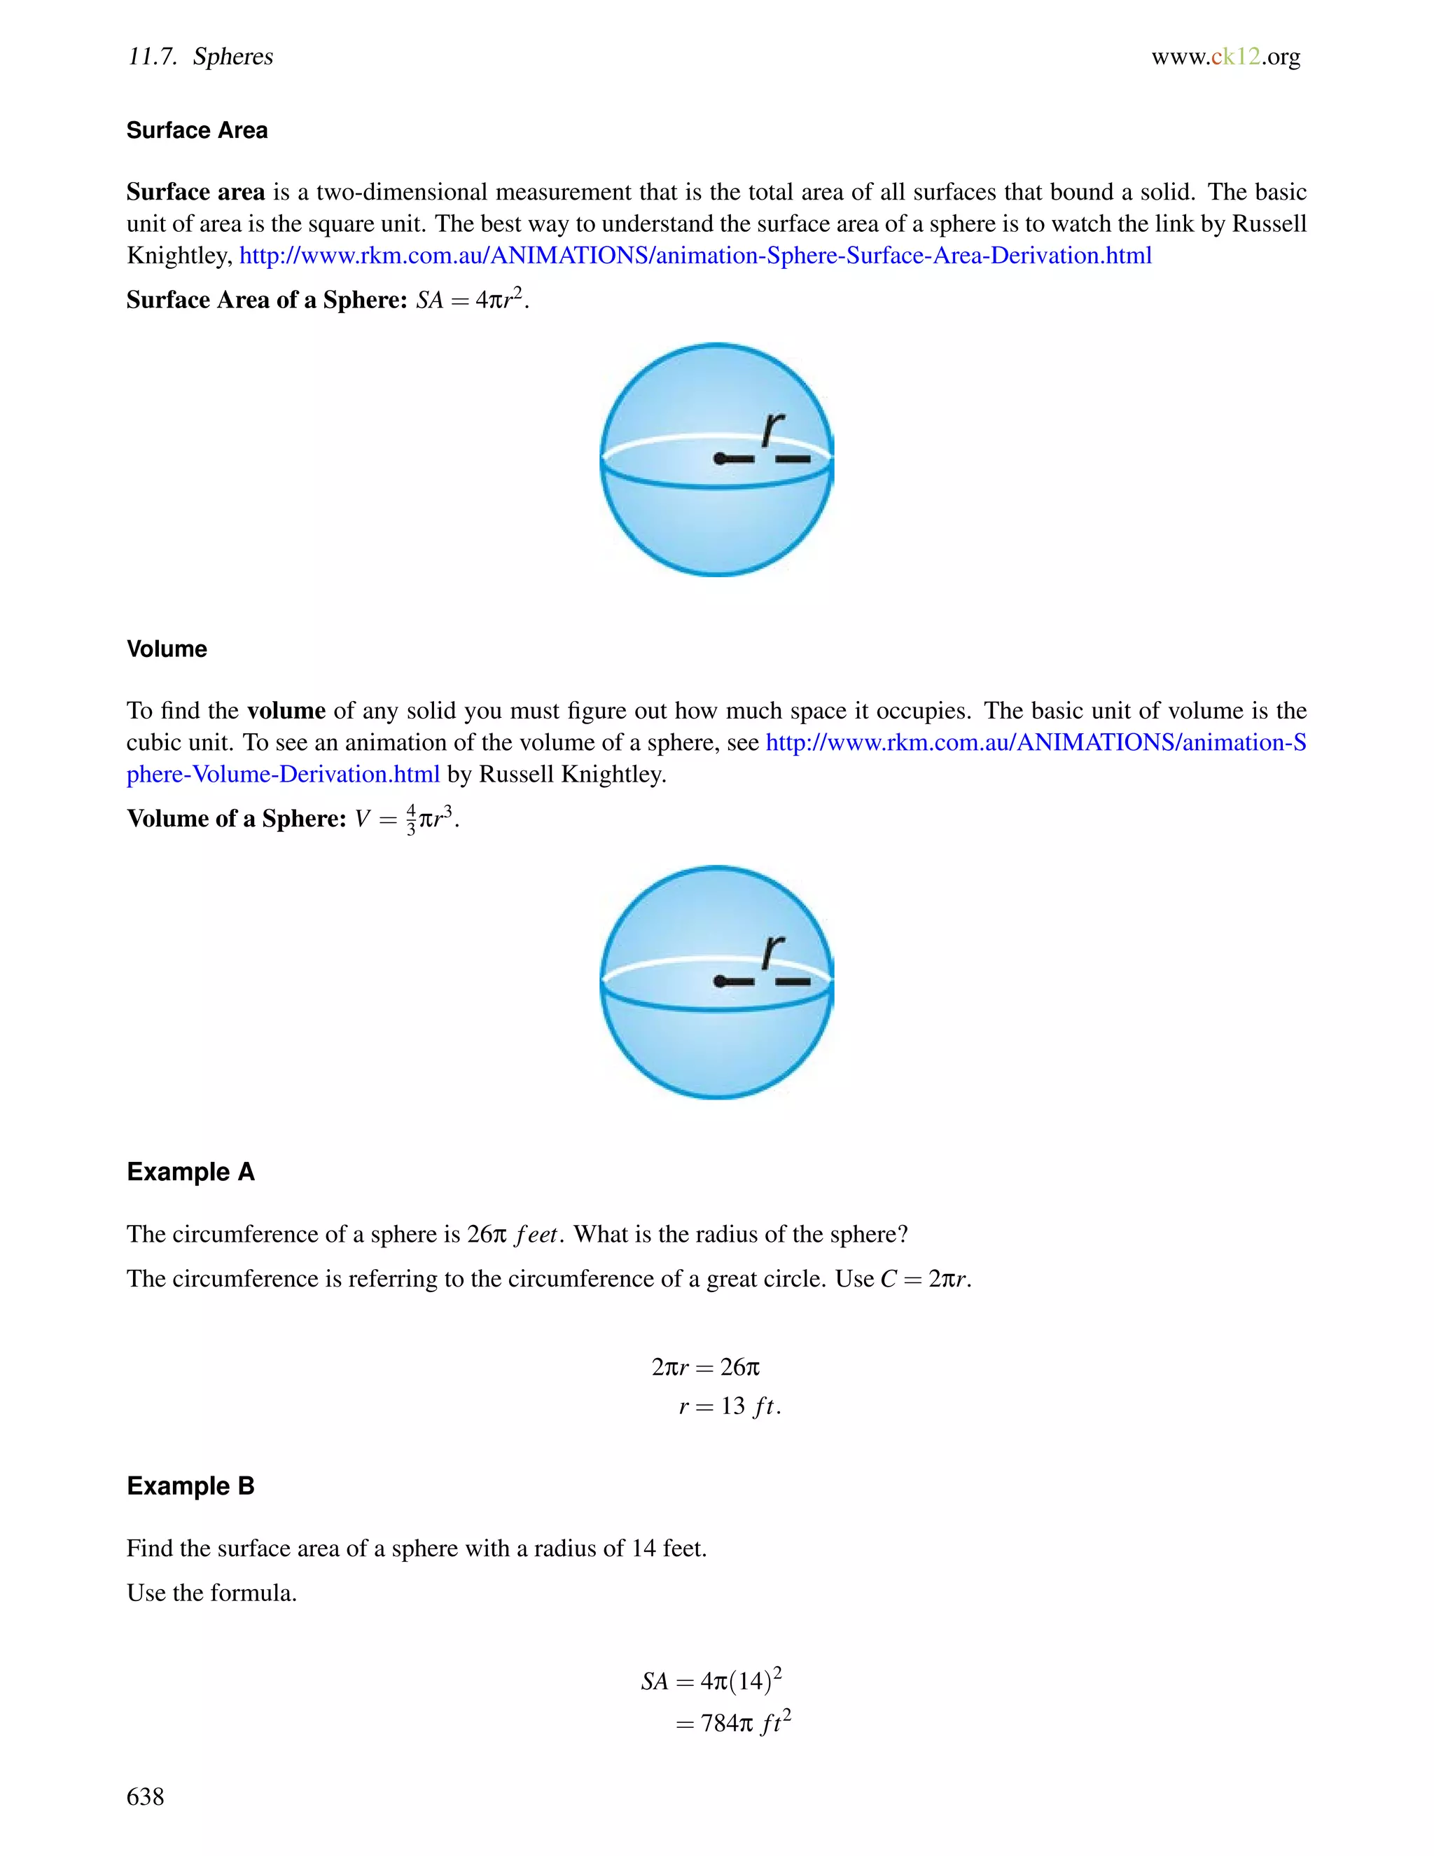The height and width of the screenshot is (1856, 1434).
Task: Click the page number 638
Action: coord(145,1796)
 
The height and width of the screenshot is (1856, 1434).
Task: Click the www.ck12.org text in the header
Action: coord(1225,56)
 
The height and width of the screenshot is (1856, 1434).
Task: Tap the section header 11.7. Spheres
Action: coord(200,56)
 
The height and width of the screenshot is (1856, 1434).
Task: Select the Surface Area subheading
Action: coord(197,130)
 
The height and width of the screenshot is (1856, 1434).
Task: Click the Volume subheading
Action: coord(167,649)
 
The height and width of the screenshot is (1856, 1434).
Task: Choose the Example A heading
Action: coord(190,1171)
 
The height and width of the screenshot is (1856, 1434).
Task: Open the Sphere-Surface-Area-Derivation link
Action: coord(695,255)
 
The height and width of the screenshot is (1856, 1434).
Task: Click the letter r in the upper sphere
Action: coord(772,429)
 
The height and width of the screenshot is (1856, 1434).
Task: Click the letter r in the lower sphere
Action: coord(772,951)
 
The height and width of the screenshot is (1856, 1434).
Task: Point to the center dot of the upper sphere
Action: coord(720,459)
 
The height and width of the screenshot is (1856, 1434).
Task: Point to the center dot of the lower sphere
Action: coord(720,981)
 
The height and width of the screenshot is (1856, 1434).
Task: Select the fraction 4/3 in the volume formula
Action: coord(411,818)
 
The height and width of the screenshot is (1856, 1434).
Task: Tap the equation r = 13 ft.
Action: coord(729,1406)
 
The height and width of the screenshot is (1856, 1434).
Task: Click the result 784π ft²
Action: coord(745,1723)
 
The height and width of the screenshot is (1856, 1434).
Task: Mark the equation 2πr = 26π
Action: coord(705,1366)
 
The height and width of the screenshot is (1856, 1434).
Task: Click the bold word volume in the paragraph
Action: coord(286,710)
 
